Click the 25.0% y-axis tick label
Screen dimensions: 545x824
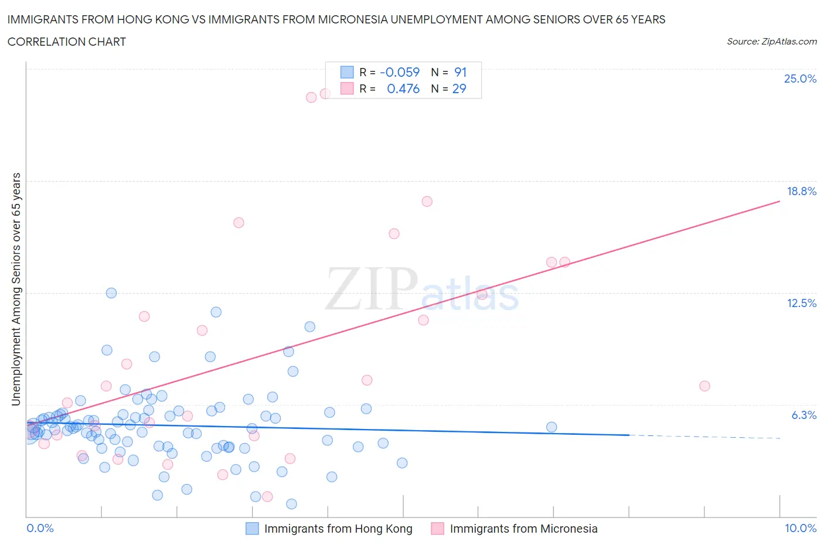tap(800, 79)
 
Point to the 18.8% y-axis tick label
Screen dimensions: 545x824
tap(801, 191)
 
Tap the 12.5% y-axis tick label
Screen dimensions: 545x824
tap(801, 303)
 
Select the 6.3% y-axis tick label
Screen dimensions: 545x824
tap(803, 415)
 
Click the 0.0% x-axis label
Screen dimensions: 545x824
tap(40, 528)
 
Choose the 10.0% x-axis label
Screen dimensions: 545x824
tap(800, 528)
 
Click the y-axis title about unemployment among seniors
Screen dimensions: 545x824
tap(16, 289)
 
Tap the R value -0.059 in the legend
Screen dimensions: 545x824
tap(400, 72)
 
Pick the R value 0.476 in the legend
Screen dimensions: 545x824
tap(403, 88)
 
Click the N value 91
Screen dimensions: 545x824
tap(460, 72)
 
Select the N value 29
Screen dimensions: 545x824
tap(459, 88)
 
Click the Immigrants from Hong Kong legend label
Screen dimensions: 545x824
tap(338, 529)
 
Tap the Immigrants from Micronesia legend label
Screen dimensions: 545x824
tap(523, 529)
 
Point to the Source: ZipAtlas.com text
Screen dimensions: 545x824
tap(771, 41)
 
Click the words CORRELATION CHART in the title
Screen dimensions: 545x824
tap(66, 42)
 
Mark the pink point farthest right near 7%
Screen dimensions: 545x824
tap(704, 386)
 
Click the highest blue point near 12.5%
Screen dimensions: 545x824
tap(111, 293)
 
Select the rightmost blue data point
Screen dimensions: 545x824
tap(551, 427)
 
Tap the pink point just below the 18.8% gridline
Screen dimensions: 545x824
tap(427, 201)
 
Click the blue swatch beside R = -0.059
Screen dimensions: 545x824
tap(347, 72)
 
